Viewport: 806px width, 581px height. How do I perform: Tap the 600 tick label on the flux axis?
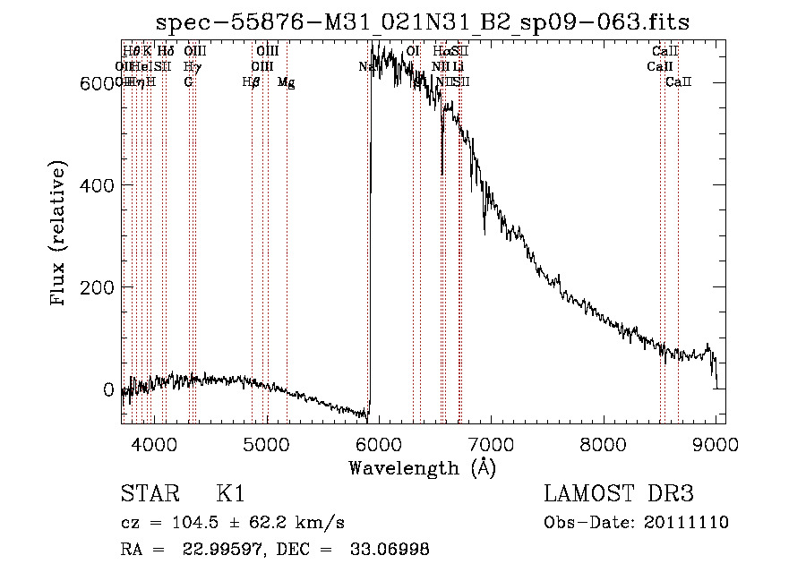93,83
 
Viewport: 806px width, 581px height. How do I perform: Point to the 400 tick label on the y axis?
93,185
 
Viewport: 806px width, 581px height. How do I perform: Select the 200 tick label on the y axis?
93,287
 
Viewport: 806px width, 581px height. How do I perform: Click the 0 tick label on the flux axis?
107,390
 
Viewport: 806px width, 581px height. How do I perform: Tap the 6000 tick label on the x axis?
380,442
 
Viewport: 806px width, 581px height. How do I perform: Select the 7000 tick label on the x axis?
492,442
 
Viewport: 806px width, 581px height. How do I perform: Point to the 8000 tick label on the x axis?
604,442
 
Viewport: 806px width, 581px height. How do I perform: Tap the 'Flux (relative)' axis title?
60,235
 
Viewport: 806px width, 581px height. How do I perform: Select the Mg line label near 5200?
287,82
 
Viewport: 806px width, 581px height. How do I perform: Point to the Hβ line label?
252,82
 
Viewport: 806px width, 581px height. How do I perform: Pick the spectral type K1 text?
230,494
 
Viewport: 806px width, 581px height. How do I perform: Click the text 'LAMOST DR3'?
618,494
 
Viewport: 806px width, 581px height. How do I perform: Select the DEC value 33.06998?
389,550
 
